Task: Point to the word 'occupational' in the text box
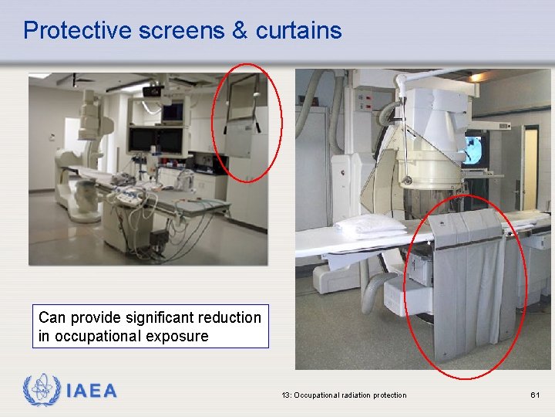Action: (x=95, y=336)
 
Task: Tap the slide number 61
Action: (x=535, y=395)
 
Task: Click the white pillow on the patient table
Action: (x=370, y=225)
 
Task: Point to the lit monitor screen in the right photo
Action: (x=476, y=147)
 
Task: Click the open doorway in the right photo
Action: (x=530, y=166)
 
